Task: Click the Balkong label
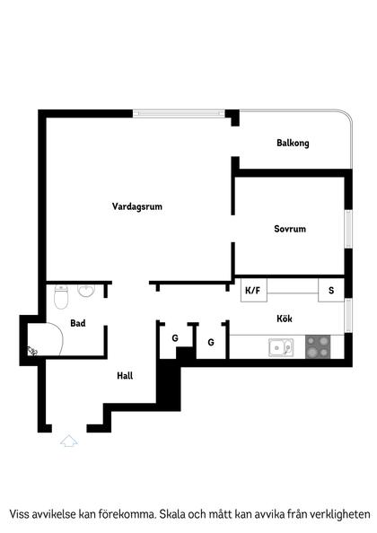click(x=293, y=144)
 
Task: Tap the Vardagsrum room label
click(x=137, y=206)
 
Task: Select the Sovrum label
click(x=290, y=229)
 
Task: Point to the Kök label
click(x=285, y=318)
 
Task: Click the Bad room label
click(x=78, y=323)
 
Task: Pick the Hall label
click(x=125, y=376)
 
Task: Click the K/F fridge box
click(x=252, y=290)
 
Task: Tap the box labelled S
click(x=331, y=290)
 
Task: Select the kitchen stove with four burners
click(x=319, y=345)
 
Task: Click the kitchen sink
click(x=280, y=346)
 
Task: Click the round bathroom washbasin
click(x=87, y=292)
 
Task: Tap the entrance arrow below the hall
click(x=69, y=440)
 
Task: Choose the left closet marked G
click(x=175, y=339)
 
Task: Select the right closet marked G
click(x=211, y=342)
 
